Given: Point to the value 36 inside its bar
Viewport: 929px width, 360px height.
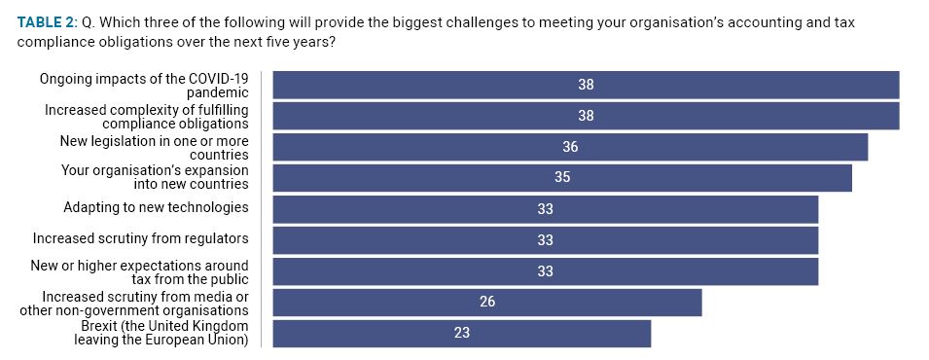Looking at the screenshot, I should click(x=570, y=147).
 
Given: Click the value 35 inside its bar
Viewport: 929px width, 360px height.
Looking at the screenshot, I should click(x=562, y=178).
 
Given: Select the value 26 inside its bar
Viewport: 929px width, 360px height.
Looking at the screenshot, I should click(x=487, y=303).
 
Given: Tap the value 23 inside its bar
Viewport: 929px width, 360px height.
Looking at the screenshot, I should click(x=462, y=334).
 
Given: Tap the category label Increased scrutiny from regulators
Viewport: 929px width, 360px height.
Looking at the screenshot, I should click(x=140, y=239).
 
